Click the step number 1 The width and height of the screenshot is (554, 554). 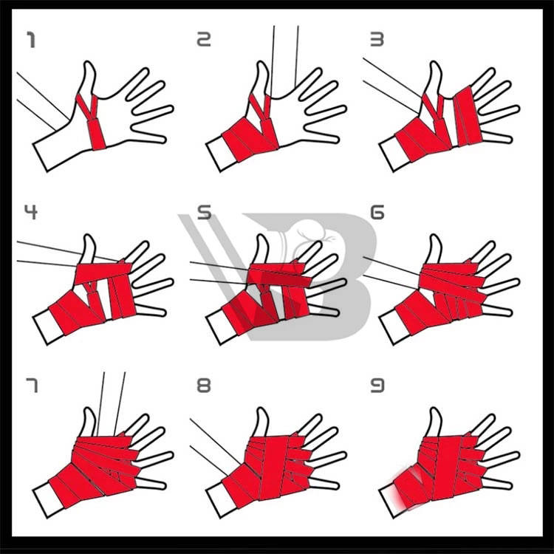(31, 40)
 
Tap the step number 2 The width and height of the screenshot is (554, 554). (204, 40)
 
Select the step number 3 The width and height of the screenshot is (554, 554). (377, 40)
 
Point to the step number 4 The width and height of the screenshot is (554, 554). (31, 212)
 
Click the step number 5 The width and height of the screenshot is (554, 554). (204, 212)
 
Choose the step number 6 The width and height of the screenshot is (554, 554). (377, 212)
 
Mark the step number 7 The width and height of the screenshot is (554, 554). (32, 385)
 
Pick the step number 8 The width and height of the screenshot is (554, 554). (204, 385)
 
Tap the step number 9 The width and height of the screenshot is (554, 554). (377, 385)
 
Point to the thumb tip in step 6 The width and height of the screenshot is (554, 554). (435, 237)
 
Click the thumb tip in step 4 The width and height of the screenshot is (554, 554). (89, 237)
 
